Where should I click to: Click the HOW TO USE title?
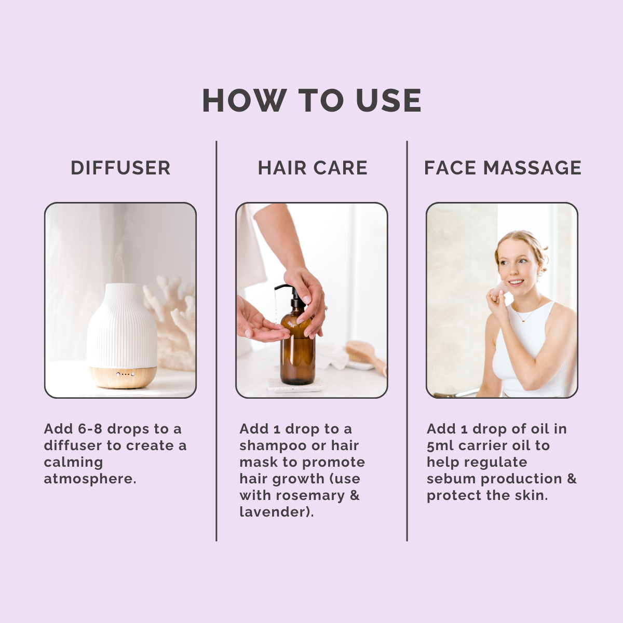[x=311, y=100]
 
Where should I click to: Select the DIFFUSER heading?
[x=120, y=168]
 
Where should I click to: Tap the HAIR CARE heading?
[x=313, y=168]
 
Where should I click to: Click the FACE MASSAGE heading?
[x=503, y=168]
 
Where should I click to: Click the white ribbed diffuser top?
[x=122, y=324]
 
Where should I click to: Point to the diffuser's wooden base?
[x=123, y=376]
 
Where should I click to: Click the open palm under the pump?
[x=260, y=327]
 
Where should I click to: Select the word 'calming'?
[x=73, y=462]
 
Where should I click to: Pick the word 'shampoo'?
[x=273, y=445]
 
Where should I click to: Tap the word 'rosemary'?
[x=310, y=495]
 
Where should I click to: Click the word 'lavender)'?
[x=276, y=512]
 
